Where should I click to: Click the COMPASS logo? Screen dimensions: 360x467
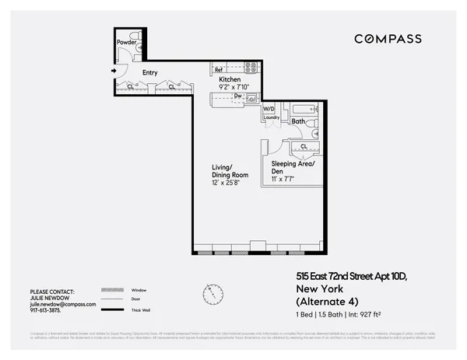388,39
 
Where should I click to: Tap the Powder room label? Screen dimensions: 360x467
125,42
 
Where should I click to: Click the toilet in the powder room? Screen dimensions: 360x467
135,35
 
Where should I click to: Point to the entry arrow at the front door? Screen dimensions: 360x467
114,72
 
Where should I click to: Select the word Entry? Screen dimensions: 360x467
150,73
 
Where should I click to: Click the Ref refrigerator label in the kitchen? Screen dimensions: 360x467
219,70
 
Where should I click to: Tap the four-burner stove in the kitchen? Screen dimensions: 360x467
251,67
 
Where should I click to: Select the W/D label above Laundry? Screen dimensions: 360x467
269,109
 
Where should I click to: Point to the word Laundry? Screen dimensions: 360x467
271,117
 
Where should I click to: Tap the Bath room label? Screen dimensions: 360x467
297,121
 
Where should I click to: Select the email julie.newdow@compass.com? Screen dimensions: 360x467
62,305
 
